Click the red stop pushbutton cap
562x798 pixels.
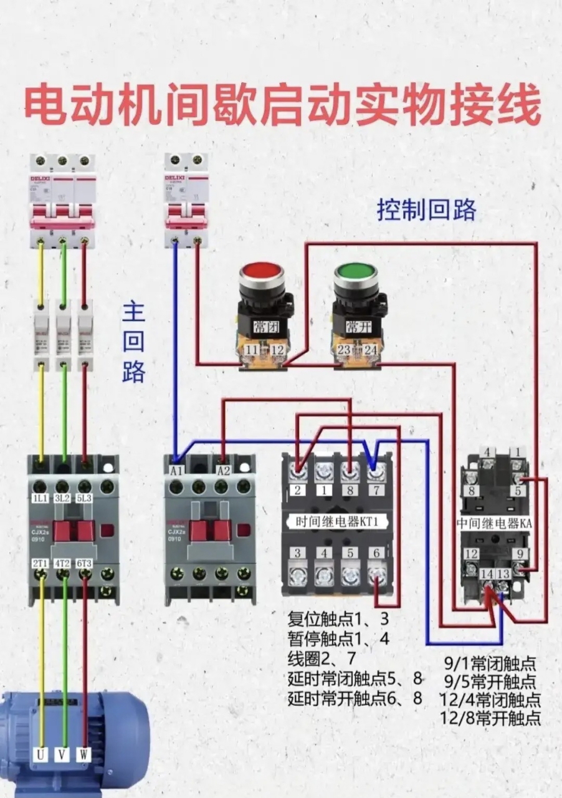point(262,273)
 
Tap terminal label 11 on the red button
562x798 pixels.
point(252,351)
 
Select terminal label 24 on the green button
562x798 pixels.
point(371,350)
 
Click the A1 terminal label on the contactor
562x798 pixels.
point(176,471)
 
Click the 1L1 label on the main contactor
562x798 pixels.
point(40,499)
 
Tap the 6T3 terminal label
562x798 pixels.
point(85,564)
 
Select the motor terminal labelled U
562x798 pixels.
point(40,754)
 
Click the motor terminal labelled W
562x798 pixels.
point(84,754)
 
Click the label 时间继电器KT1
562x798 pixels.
point(337,521)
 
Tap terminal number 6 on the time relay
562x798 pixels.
point(376,552)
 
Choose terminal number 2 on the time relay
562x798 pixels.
point(298,490)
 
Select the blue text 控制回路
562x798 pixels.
point(426,211)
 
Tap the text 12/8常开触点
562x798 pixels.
point(490,718)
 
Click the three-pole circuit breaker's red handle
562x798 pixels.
point(62,221)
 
